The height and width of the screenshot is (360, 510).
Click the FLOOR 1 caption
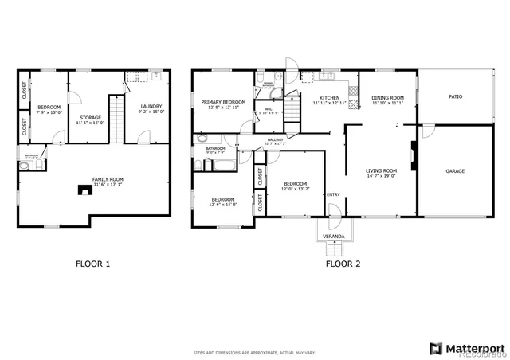click(93, 263)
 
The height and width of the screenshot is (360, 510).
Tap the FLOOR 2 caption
click(342, 263)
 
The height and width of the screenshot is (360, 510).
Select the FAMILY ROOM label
click(107, 179)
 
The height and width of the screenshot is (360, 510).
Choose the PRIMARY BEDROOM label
click(223, 102)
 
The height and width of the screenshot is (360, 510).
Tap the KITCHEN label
click(330, 98)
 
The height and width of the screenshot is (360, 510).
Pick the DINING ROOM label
click(388, 98)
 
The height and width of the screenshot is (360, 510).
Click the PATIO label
click(455, 96)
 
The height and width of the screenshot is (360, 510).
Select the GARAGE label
click(455, 170)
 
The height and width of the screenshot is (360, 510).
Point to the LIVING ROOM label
click(382, 170)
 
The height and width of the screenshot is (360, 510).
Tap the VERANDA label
click(333, 237)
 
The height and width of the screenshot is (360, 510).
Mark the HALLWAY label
click(276, 140)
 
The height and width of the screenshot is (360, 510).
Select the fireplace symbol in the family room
click(82, 190)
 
